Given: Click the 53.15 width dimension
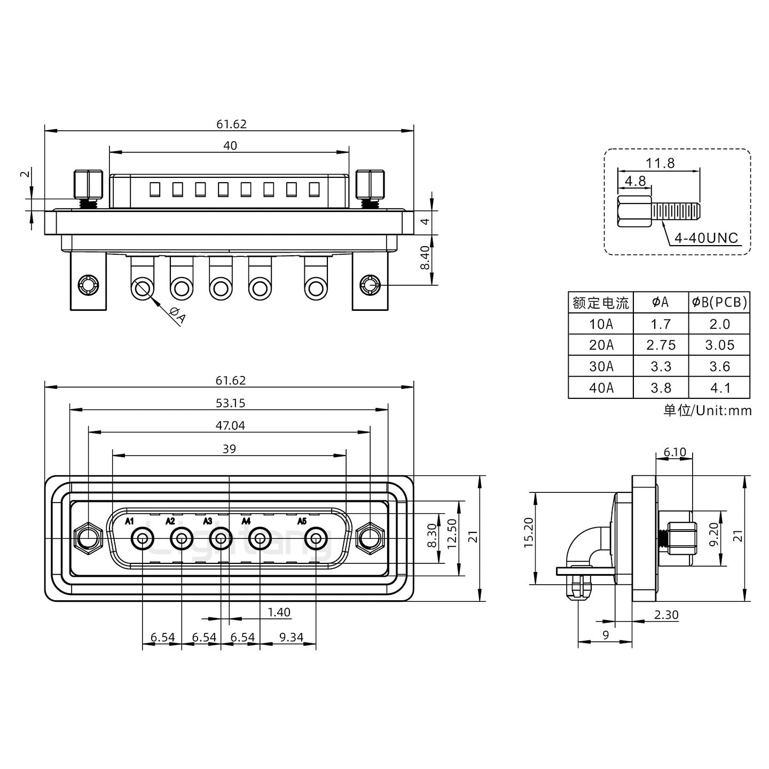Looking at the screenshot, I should point(230,403).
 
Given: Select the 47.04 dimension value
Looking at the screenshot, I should point(230,425).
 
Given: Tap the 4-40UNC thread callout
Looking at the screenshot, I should point(705,238).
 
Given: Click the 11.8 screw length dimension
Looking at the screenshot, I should point(660,163).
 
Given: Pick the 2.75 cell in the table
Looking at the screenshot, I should point(661,345).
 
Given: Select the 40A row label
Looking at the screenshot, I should point(601,388).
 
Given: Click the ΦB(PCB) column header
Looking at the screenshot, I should point(719,302).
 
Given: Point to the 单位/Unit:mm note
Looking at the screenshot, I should point(707,410).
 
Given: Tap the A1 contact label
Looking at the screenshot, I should point(129,521).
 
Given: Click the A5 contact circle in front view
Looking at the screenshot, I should point(316,539).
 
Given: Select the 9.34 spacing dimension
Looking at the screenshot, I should point(291,637).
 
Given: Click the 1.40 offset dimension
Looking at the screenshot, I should point(279,612).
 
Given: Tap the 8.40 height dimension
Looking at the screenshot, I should point(425,258).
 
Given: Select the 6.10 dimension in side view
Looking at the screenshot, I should point(674,452).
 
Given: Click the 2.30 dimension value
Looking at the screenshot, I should point(666,615).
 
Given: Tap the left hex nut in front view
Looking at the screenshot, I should point(89,538).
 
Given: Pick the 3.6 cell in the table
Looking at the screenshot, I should point(719,366).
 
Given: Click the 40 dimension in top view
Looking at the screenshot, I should point(230,145).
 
